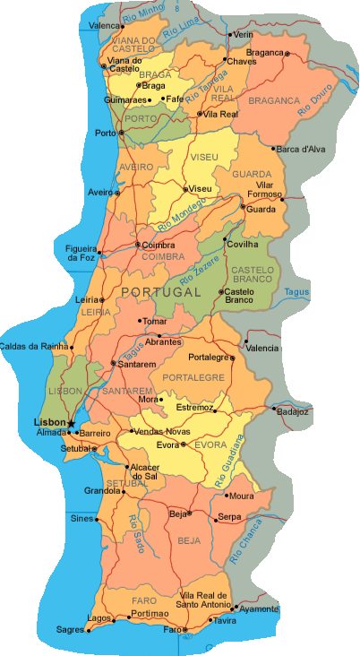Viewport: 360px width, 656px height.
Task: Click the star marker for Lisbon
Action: click(x=72, y=423)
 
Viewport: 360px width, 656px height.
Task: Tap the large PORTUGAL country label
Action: click(x=160, y=293)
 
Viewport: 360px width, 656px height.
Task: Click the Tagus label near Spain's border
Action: click(x=296, y=292)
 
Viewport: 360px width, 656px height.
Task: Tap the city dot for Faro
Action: click(x=184, y=630)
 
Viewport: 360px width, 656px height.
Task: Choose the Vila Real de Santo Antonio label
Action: click(x=205, y=600)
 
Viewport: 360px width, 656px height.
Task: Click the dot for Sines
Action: click(x=97, y=519)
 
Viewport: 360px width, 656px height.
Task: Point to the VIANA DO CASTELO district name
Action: click(x=135, y=45)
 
